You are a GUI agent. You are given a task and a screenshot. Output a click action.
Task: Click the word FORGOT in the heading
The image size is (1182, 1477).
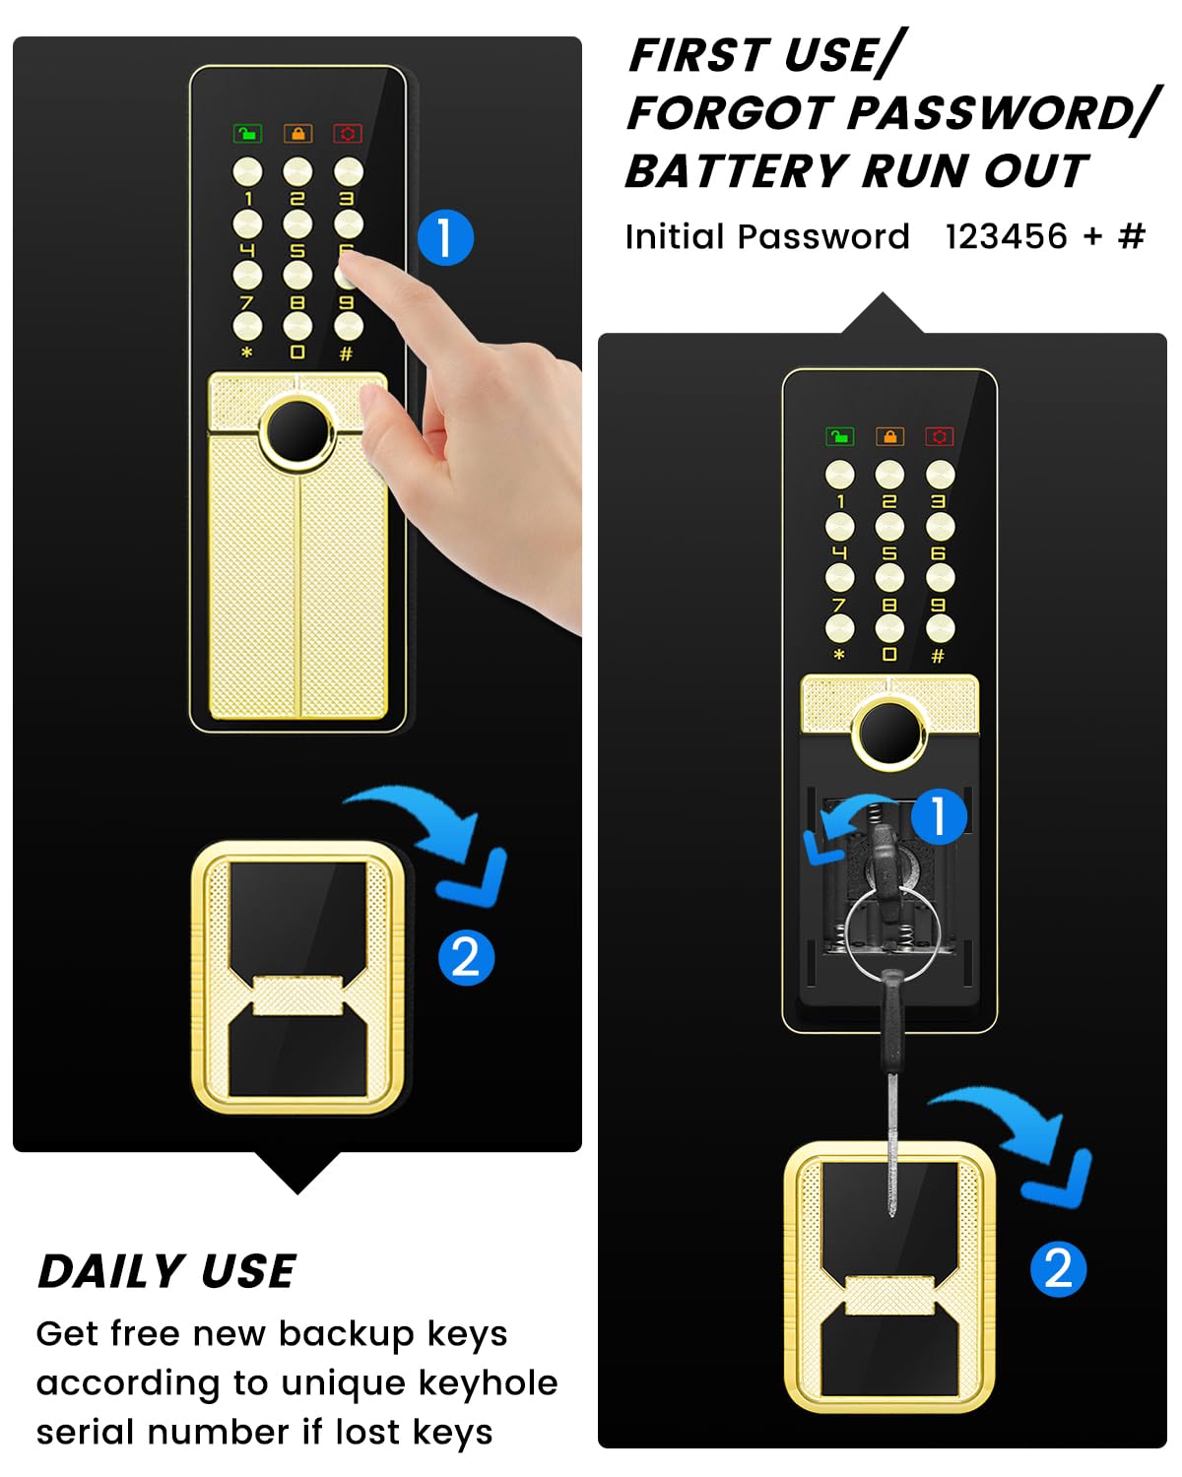tap(729, 112)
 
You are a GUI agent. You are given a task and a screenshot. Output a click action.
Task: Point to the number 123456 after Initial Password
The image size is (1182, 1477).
tap(1006, 236)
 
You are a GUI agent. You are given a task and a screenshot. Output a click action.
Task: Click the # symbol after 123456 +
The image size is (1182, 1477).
tap(1131, 236)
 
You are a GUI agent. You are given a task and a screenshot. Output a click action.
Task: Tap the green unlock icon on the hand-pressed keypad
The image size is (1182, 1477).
tap(247, 133)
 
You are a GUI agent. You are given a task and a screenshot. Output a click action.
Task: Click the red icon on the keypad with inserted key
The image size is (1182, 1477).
tap(939, 436)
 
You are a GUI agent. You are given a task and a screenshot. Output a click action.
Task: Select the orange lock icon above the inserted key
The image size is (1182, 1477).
tap(889, 436)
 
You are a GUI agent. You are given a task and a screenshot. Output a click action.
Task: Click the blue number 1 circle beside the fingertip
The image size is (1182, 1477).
tap(446, 237)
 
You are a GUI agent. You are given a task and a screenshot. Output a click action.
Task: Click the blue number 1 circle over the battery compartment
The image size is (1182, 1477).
tap(939, 816)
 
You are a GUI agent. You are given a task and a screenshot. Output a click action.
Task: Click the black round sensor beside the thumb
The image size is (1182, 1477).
tap(298, 431)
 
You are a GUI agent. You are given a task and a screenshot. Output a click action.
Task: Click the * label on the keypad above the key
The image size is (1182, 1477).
tap(838, 655)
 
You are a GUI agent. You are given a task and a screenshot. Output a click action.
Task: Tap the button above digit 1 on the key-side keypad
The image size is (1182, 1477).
tap(839, 475)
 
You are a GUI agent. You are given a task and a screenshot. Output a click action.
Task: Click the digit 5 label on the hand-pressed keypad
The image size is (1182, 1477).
tap(297, 250)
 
